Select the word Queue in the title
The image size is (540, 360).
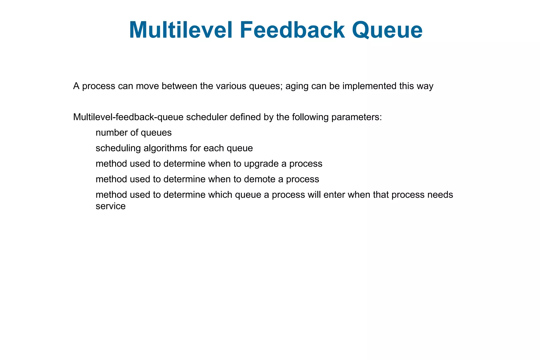[x=387, y=30]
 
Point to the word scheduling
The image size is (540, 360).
[x=118, y=148]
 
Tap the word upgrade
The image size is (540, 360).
[x=261, y=164]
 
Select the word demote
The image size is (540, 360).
[x=259, y=179]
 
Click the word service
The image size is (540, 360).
[x=110, y=206]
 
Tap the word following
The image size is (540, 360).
[x=310, y=117]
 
